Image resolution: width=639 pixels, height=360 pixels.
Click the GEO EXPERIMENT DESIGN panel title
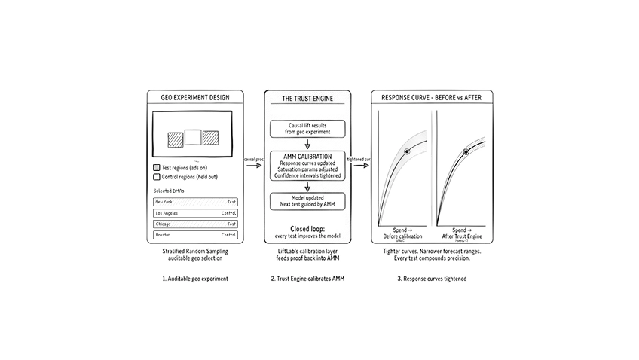click(194, 97)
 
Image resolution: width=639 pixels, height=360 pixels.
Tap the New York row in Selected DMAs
click(195, 202)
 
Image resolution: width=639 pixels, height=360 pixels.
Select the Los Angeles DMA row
click(195, 213)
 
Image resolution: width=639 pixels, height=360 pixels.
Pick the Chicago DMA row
click(195, 224)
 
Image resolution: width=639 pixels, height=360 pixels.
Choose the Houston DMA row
click(195, 235)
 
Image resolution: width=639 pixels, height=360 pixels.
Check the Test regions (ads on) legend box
click(156, 168)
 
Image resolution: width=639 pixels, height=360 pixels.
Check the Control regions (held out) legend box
click(156, 177)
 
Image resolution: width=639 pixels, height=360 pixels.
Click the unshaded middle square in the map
click(194, 137)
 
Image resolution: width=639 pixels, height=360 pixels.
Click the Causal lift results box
click(307, 127)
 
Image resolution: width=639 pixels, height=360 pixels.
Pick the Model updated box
click(307, 200)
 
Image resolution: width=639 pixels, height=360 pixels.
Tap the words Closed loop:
click(307, 227)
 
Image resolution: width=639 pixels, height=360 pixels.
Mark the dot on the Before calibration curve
click(406, 152)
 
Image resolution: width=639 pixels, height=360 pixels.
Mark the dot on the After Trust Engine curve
click(466, 152)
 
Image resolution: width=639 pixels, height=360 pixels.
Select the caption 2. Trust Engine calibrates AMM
click(307, 278)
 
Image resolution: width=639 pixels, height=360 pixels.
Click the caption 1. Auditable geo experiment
click(194, 278)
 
